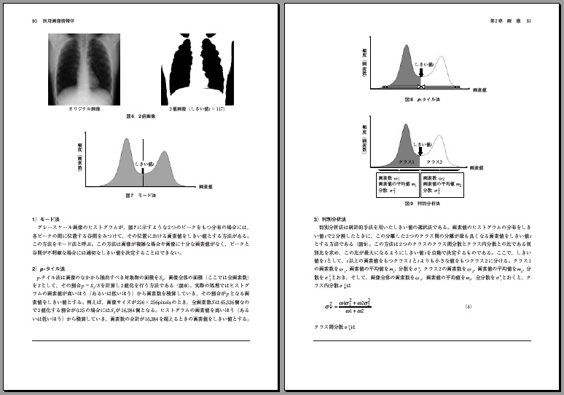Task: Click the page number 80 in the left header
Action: tap(34, 20)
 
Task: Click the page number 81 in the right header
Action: tap(529, 20)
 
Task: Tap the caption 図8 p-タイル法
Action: tap(419, 97)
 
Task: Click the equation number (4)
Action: tap(469, 306)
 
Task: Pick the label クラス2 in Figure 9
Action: tap(434, 161)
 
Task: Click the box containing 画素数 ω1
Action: tap(398, 185)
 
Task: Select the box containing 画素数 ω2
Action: tap(444, 185)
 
